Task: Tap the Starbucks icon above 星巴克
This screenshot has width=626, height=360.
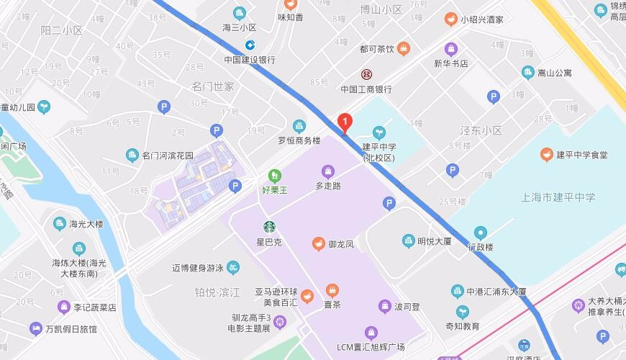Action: pos(268,227)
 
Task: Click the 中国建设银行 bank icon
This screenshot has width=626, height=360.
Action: pos(249,45)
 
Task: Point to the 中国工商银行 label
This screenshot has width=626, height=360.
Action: pos(366,89)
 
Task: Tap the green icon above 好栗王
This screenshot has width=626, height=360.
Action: pos(273,175)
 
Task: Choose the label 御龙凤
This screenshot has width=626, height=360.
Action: pos(341,244)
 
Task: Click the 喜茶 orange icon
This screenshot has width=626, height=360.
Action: pos(332,290)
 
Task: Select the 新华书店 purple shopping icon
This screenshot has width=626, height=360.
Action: pos(451,50)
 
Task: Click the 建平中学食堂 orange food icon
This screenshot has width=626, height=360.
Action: pos(546,154)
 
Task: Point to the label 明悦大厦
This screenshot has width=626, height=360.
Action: pos(435,241)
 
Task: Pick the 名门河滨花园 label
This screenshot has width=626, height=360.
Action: pos(168,156)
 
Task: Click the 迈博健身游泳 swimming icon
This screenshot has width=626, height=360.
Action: pos(232,268)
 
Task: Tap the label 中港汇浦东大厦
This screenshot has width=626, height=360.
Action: pos(496,292)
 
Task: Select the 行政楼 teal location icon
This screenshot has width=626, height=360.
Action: pos(480,233)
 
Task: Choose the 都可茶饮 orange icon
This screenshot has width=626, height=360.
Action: pos(404,49)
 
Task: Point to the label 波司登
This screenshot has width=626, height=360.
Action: pos(407,306)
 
